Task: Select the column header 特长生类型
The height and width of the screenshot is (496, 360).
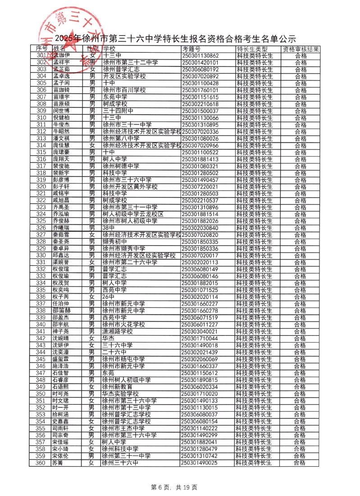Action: tap(252, 49)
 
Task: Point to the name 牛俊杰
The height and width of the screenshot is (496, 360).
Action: tap(61, 125)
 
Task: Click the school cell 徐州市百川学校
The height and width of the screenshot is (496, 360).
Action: tap(124, 90)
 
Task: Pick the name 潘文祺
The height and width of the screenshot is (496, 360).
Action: tap(61, 138)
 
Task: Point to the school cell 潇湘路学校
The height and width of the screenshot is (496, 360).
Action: tap(118, 331)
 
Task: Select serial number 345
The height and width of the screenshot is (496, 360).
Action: tap(41, 359)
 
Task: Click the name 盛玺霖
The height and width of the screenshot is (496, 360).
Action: tap(61, 359)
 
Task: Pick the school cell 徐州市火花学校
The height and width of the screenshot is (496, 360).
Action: tap(124, 324)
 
